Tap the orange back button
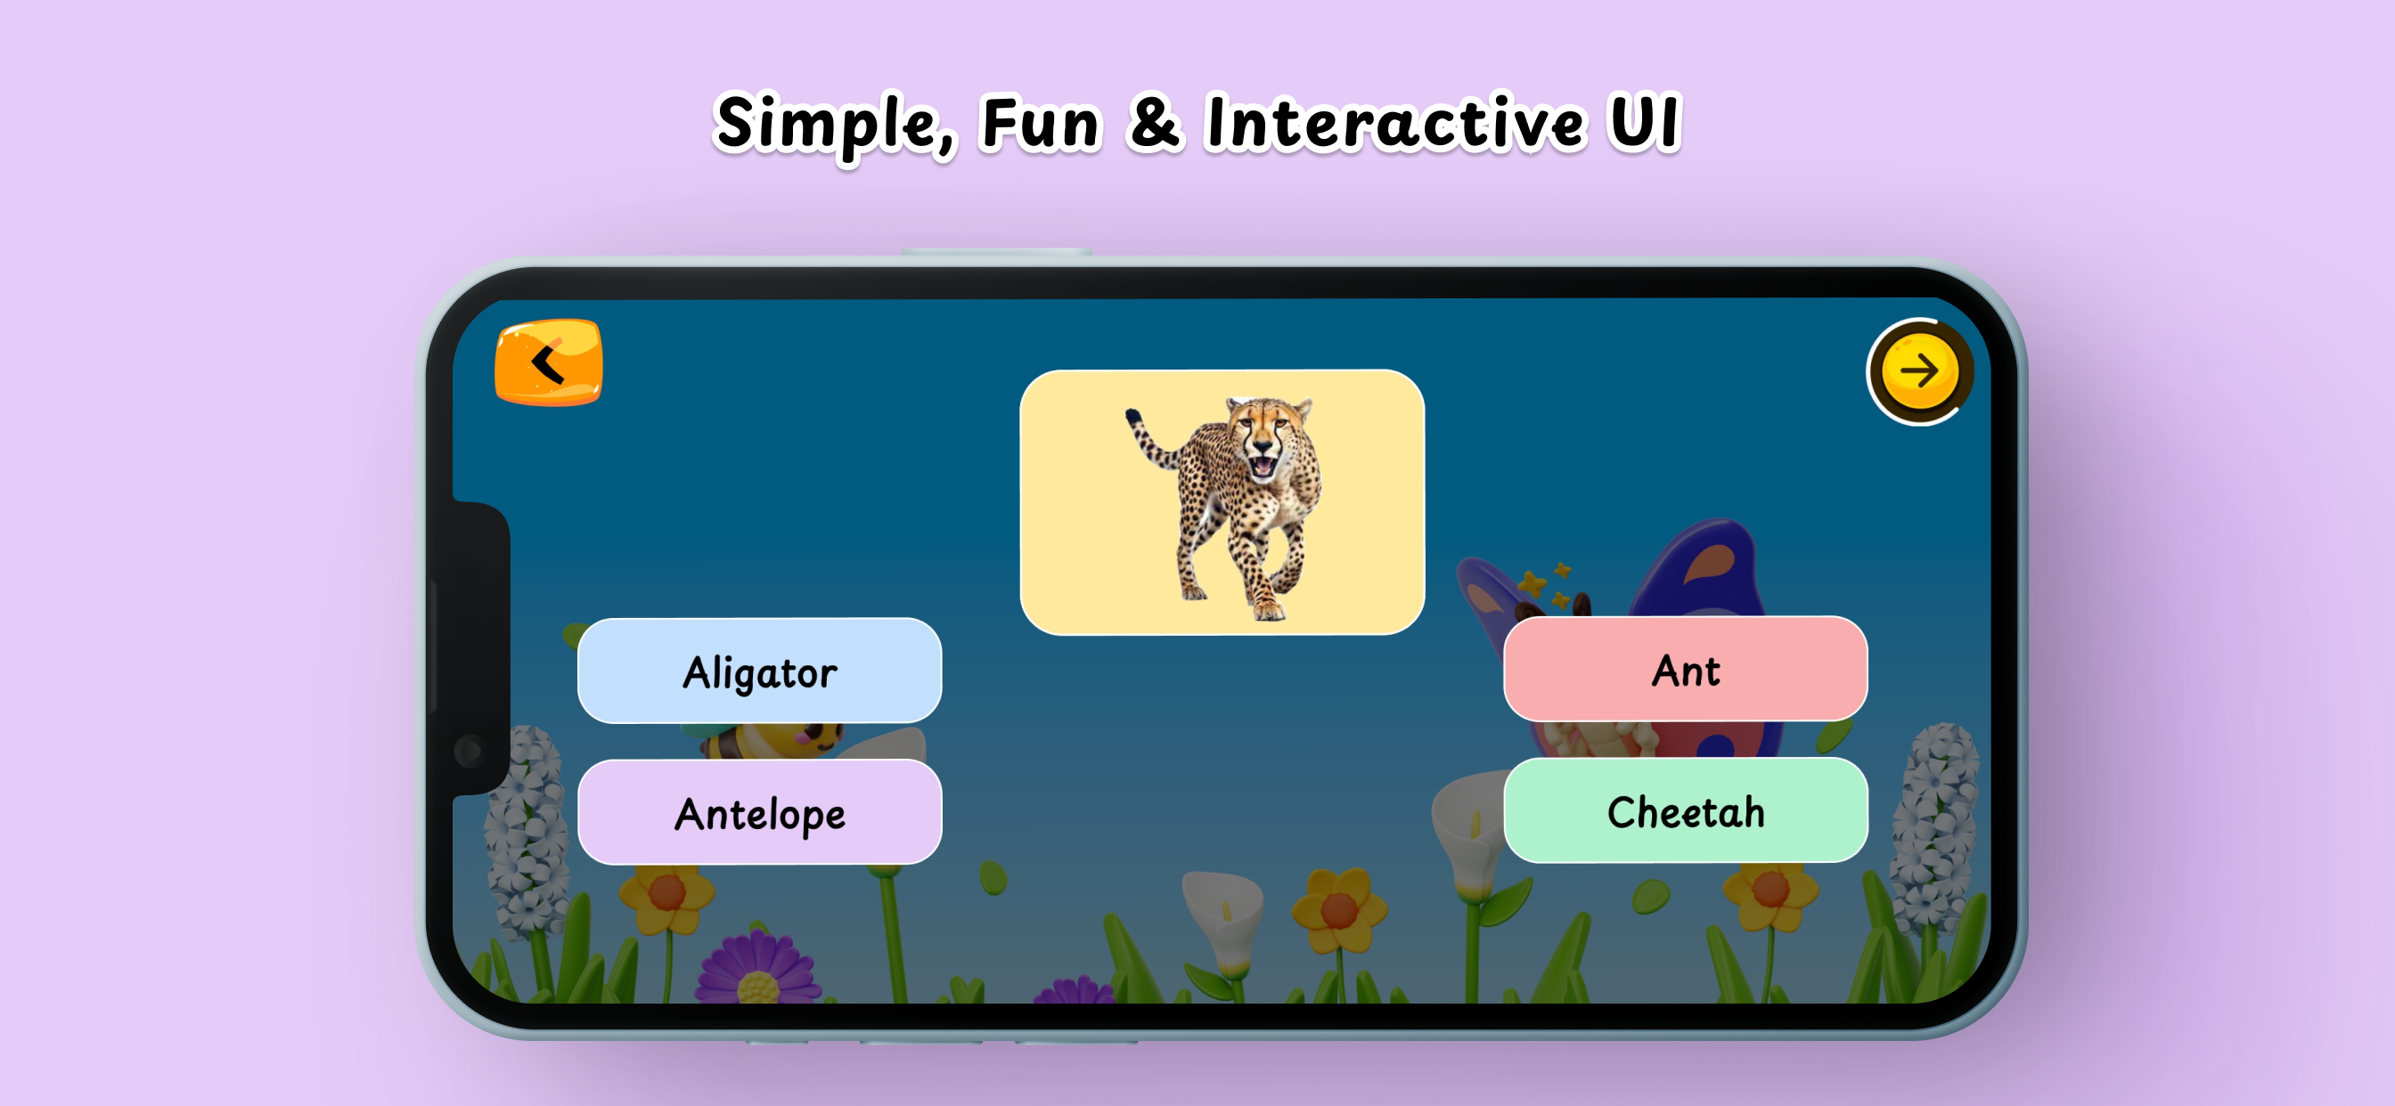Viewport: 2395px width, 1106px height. [x=549, y=362]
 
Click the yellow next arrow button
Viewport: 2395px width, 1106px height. [x=1919, y=371]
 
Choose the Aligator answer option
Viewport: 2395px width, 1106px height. [x=760, y=671]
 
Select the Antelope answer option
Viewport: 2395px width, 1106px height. [x=760, y=812]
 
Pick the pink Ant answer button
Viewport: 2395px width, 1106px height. [x=1685, y=668]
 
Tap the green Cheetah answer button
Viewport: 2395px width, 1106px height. [x=1685, y=810]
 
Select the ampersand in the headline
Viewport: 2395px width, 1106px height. [x=1154, y=123]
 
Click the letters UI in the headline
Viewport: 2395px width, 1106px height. [x=1646, y=123]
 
